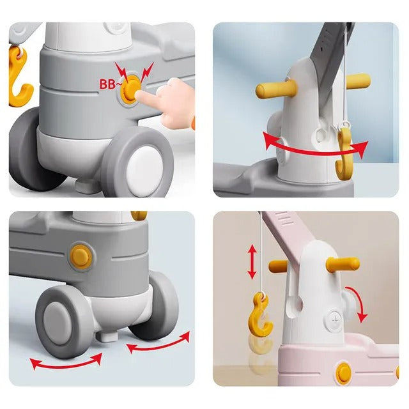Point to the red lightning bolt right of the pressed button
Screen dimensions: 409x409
coord(147,72)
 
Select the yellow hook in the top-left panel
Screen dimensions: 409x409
coord(20,78)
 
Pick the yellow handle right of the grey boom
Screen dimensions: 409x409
coord(359,81)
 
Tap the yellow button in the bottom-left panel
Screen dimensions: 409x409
coord(81,257)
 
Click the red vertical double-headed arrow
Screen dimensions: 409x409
coord(252,263)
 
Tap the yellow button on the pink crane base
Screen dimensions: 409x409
coord(343,373)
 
